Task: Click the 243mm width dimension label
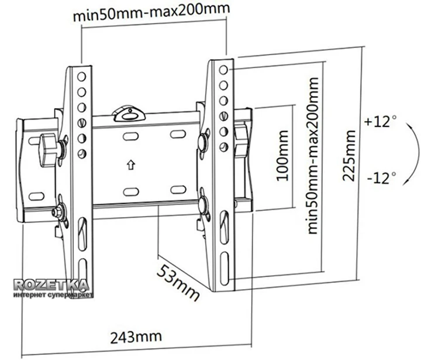tap(135, 337)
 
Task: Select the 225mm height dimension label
tap(349, 155)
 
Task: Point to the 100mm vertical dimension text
tap(282, 160)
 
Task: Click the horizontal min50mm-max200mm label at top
tap(151, 13)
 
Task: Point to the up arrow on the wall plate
tap(130, 164)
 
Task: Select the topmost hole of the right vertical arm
tap(224, 70)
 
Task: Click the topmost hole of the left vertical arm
tap(81, 76)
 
